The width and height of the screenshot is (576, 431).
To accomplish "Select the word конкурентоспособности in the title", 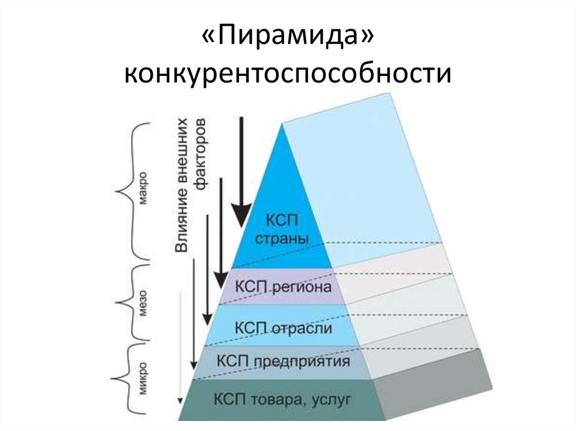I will pos(287,73).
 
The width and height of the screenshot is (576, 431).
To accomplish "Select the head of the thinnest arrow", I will pos(180,400).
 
